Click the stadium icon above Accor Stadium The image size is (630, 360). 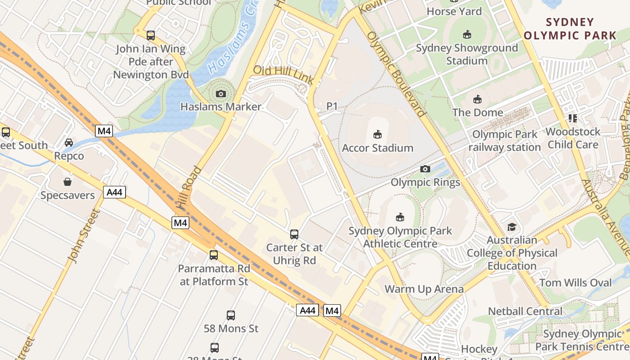[378, 134]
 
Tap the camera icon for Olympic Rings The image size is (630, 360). [425, 169]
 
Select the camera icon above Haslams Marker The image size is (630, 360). [220, 94]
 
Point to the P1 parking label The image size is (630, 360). [332, 106]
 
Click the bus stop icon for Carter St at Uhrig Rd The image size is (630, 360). [294, 234]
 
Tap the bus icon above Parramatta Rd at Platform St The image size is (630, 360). [214, 255]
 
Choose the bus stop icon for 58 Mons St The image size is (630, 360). [231, 315]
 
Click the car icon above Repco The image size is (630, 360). [69, 143]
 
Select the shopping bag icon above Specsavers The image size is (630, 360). [67, 182]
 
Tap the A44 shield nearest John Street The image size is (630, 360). [114, 193]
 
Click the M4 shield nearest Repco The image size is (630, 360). [103, 131]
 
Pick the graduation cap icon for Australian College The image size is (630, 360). [512, 227]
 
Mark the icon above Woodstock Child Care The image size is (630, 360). [572, 118]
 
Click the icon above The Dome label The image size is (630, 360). [477, 99]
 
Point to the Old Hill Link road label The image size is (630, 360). [283, 75]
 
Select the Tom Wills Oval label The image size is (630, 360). [576, 283]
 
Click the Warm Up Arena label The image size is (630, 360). [424, 289]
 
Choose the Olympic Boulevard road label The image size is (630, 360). [396, 74]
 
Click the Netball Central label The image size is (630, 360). [525, 311]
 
